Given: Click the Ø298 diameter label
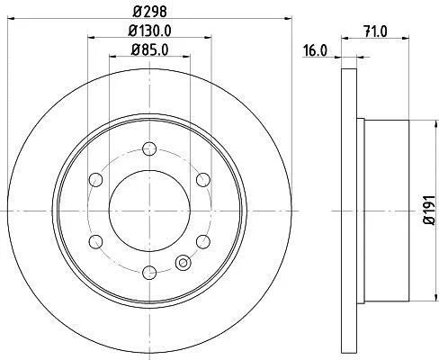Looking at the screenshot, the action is coord(149,11).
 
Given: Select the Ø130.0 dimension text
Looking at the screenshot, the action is coord(149,31).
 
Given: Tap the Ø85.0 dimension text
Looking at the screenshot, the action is coord(149,49).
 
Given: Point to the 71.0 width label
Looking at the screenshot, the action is coord(375,31).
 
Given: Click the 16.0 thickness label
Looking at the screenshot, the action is coord(315,50).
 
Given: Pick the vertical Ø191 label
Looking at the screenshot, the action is coord(429,210).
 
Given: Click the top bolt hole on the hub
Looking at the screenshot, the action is coord(149,148).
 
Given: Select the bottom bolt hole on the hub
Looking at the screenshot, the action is coord(149,273).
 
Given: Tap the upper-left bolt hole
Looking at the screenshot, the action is coord(96,180).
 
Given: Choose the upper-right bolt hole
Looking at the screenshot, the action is coord(203,180).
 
